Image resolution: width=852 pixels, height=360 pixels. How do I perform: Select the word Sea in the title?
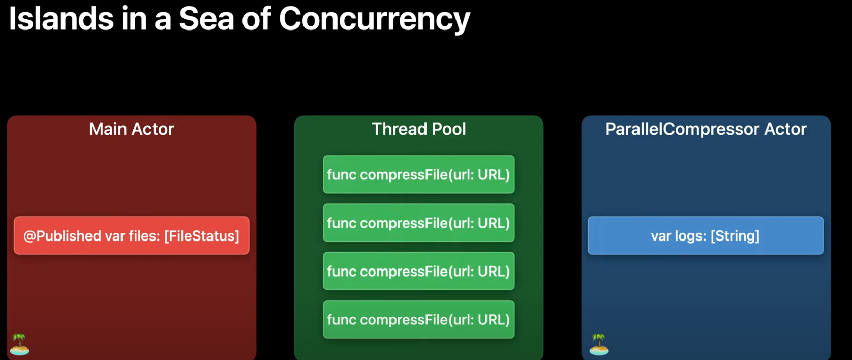point(206,19)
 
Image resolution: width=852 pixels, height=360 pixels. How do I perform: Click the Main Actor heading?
point(131,129)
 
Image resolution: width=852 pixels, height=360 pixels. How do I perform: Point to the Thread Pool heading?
point(418,129)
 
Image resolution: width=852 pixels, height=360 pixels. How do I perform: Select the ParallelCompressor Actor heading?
point(706,129)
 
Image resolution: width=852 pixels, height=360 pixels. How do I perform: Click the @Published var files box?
point(131,236)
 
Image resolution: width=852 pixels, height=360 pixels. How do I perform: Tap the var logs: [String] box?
point(705,236)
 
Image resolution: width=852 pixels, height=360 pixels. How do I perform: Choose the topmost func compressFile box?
point(418,175)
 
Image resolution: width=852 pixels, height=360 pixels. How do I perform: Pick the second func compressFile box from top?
point(418,223)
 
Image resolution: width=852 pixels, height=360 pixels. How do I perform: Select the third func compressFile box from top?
point(418,272)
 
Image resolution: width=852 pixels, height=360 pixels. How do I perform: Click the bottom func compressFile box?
point(418,320)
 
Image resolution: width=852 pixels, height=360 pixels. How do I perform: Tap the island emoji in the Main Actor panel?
point(20,345)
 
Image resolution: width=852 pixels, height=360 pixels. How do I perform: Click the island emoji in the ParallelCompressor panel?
point(599,345)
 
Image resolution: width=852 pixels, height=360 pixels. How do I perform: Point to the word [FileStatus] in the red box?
point(201,236)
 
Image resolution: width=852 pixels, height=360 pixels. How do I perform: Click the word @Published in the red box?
point(62,236)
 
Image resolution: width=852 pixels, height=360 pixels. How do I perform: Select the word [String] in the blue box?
point(735,236)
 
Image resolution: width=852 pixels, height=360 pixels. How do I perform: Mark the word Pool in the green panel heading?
point(449,129)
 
